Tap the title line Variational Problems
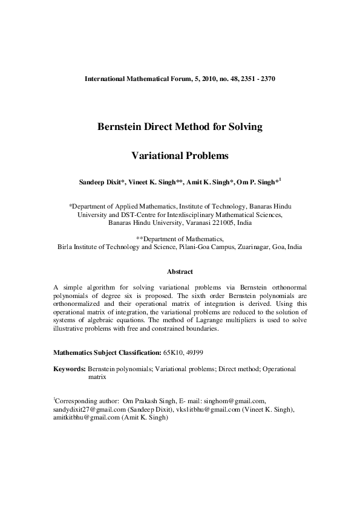click(x=180, y=155)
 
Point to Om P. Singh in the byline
click(x=257, y=182)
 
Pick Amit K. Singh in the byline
click(x=209, y=182)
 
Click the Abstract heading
click(x=180, y=272)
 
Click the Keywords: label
click(x=70, y=368)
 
